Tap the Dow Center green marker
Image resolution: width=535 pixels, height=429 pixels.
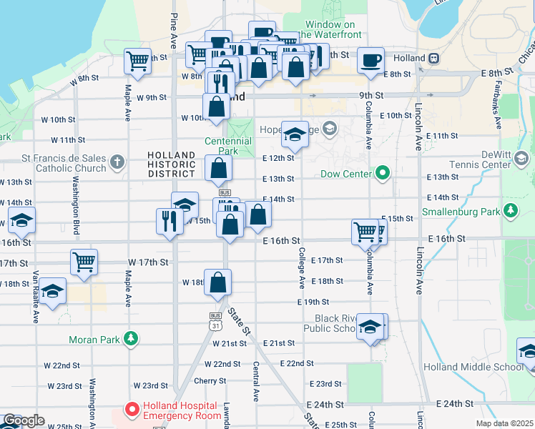383,173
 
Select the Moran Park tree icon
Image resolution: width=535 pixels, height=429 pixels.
131,337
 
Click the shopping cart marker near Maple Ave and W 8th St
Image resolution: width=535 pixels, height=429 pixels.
137,60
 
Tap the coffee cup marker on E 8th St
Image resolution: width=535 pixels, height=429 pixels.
370,60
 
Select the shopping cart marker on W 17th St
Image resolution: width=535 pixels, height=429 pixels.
84,262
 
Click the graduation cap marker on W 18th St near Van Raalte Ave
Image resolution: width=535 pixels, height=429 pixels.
53,291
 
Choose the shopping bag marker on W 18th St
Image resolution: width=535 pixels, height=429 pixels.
218,283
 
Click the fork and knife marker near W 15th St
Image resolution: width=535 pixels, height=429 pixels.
170,220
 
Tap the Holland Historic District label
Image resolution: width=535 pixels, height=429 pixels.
171,164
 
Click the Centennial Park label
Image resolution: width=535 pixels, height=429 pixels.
227,146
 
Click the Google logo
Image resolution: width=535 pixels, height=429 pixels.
24,420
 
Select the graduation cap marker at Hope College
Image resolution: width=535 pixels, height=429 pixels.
295,134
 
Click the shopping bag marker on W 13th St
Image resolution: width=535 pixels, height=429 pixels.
219,169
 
